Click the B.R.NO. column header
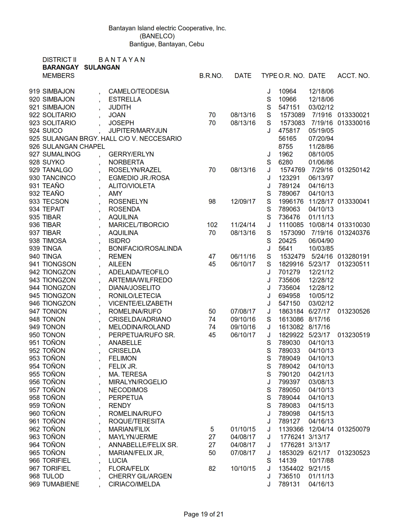pos(211,76)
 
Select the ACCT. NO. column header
pos(353,76)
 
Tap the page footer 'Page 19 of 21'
pos(204,514)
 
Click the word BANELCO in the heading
pos(157,36)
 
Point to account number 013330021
pos(353,115)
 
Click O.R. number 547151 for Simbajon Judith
pos(289,107)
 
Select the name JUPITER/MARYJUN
pos(138,131)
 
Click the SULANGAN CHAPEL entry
pos(74,147)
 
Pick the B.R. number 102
pos(212,225)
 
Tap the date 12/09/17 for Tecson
pos(243,202)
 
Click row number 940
pos(34,256)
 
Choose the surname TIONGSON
pos(59,264)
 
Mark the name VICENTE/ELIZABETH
pos(140,303)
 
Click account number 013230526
pos(353,311)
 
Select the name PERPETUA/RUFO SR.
pos(141,335)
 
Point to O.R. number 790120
pos(289,374)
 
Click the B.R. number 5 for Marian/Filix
pos(212,429)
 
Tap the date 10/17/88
pos(321,461)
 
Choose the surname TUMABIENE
pos(61,484)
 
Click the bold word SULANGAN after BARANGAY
pos(102,67)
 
